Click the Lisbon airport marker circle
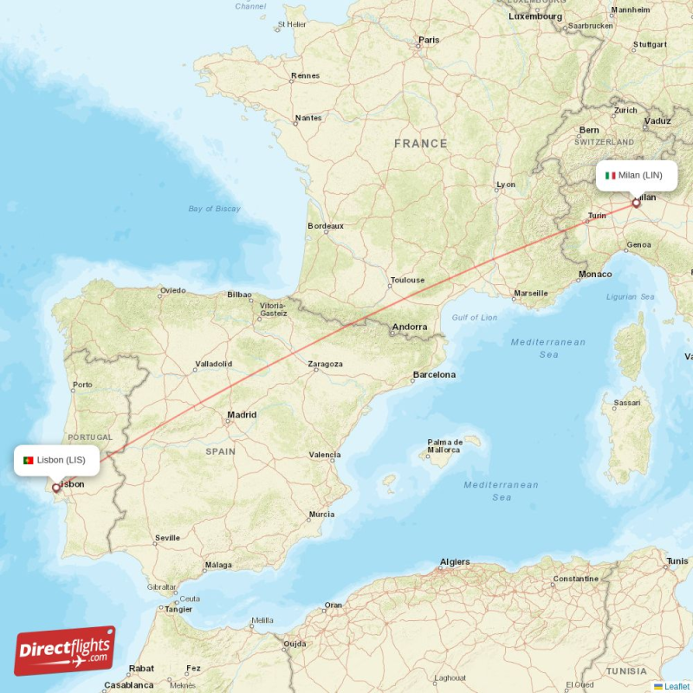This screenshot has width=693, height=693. [57, 488]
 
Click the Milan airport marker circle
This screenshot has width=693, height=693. [637, 204]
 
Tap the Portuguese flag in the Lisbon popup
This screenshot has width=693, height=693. [29, 460]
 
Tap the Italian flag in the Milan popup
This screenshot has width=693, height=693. [610, 176]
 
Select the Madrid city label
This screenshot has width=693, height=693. [242, 415]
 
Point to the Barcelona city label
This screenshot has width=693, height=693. [434, 375]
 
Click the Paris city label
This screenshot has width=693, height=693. [429, 40]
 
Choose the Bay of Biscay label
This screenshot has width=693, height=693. [214, 209]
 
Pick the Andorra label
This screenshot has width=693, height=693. [410, 327]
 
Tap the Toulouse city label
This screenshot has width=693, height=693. [407, 280]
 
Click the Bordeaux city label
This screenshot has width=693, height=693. [326, 226]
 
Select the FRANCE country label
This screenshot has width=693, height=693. [421, 144]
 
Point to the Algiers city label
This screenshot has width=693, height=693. [455, 562]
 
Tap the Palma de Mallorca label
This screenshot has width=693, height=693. [444, 446]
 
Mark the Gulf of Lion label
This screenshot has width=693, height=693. [475, 318]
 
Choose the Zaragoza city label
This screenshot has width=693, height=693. [325, 364]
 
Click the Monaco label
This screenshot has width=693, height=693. [595, 275]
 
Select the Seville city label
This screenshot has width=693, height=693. [167, 538]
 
